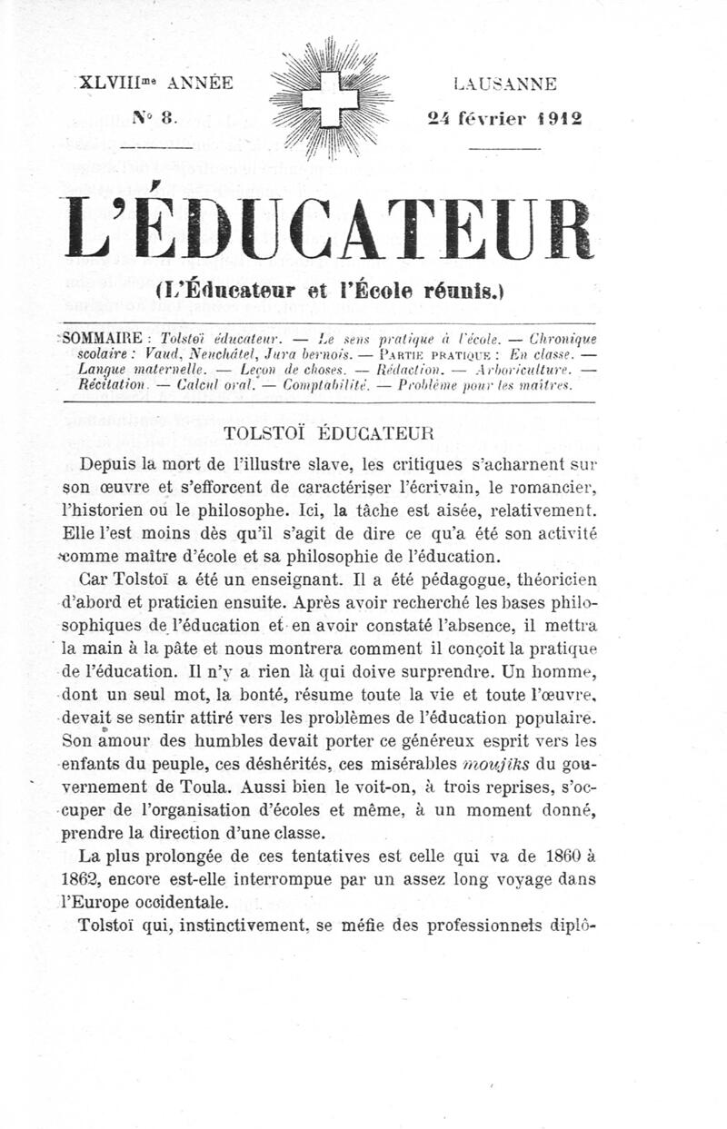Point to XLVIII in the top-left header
(114, 83)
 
